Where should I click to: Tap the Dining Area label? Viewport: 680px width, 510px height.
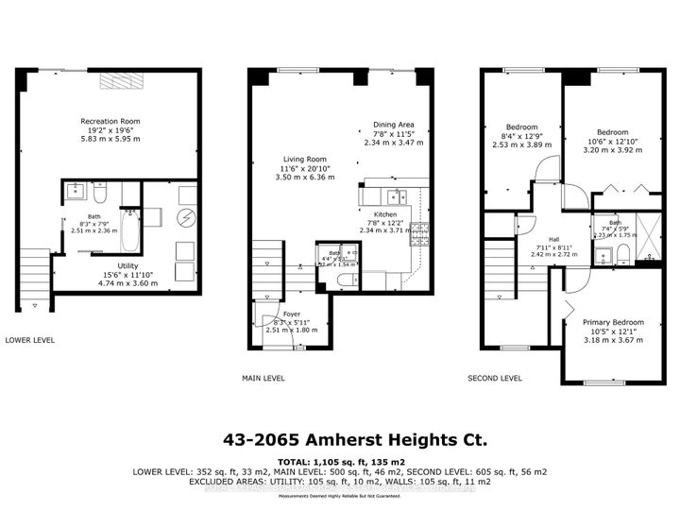[x=394, y=125]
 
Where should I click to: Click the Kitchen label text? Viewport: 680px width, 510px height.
[x=384, y=214]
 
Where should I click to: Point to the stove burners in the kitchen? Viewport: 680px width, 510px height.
[x=420, y=229]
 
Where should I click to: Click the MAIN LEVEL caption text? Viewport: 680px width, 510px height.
[x=263, y=378]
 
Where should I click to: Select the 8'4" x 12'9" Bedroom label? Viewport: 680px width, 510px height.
[x=521, y=127]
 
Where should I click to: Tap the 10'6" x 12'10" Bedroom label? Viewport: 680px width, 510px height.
[x=612, y=132]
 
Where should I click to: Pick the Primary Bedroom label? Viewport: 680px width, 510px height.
[x=612, y=322]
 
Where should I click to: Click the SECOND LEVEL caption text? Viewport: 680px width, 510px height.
[x=495, y=378]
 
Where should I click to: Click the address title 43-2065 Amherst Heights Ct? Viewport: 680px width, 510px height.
[x=340, y=438]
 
